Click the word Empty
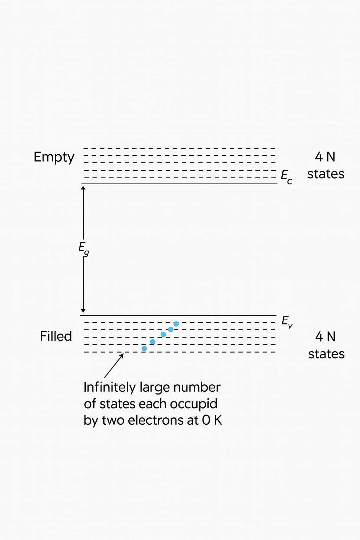[x=54, y=157]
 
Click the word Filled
[x=56, y=336]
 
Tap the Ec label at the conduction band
[x=286, y=176]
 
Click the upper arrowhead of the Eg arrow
[x=83, y=188]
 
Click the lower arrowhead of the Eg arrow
[x=83, y=310]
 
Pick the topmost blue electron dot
[x=176, y=324]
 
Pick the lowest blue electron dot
[x=144, y=348]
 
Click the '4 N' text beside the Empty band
[x=325, y=157]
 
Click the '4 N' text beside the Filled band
[x=325, y=336]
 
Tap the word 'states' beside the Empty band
[x=326, y=174]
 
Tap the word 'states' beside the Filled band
[x=326, y=354]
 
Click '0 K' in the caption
[x=212, y=420]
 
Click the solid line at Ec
[x=179, y=184]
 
